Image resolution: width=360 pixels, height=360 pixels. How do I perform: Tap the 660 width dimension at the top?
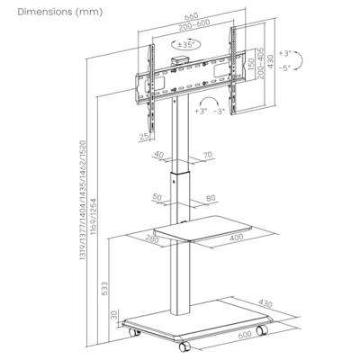tap(187, 16)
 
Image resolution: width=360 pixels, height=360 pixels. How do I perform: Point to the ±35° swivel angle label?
tap(188, 42)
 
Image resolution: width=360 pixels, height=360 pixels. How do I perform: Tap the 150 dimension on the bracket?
tap(250, 67)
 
